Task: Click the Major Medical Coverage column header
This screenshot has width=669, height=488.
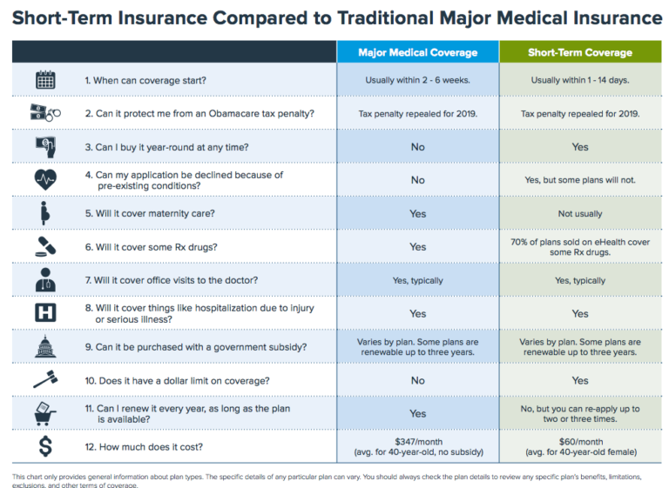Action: coord(417,52)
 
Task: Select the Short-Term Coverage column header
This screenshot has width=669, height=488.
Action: coord(579,52)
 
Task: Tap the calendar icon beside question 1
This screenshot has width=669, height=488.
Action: coord(45,80)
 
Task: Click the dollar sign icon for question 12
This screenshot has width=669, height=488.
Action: coord(45,448)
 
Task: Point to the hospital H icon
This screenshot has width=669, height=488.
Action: coord(45,313)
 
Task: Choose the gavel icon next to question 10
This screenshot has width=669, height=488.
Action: coord(45,380)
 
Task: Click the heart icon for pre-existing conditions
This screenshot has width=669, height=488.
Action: coord(45,180)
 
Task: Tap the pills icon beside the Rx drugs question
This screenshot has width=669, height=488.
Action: coord(45,247)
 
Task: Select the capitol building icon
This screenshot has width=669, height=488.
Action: coord(45,347)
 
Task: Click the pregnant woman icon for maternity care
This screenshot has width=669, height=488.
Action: coord(45,213)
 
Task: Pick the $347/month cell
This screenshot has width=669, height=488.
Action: coord(417,448)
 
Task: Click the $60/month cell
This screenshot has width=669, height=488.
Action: coord(579,448)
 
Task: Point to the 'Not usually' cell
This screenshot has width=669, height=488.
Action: coord(579,213)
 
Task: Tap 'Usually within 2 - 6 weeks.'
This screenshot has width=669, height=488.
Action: coord(417,80)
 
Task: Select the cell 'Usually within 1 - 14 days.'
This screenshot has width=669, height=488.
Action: coord(579,80)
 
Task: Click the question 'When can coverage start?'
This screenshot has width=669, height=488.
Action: coord(145,80)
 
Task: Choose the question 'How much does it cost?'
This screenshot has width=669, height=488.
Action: coord(145,448)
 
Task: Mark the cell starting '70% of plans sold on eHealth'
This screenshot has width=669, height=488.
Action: coord(579,247)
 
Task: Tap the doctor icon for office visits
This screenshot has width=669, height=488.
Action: coord(45,280)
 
